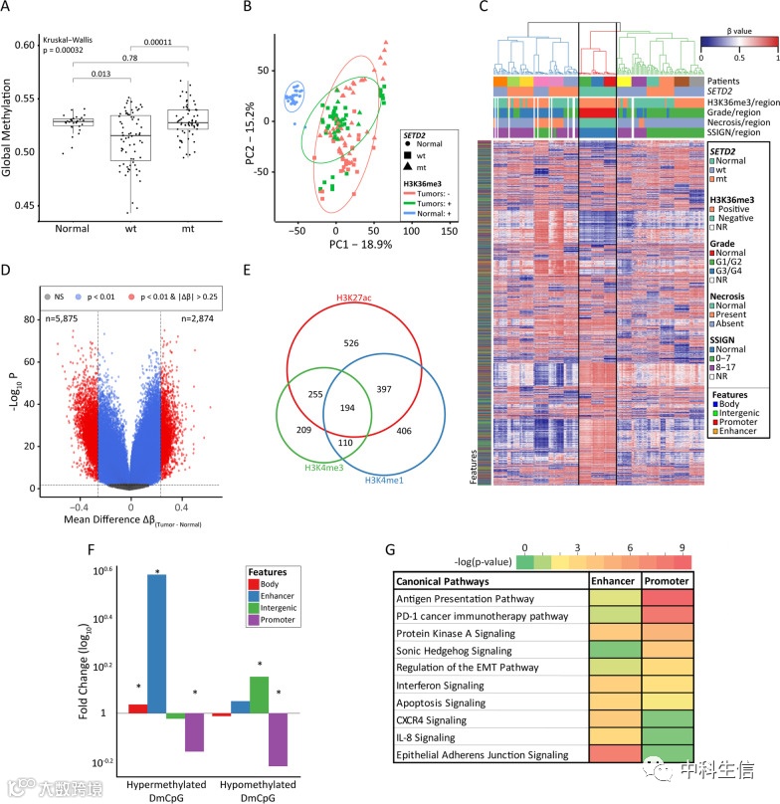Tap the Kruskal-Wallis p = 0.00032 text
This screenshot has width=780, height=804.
[x=73, y=48]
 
